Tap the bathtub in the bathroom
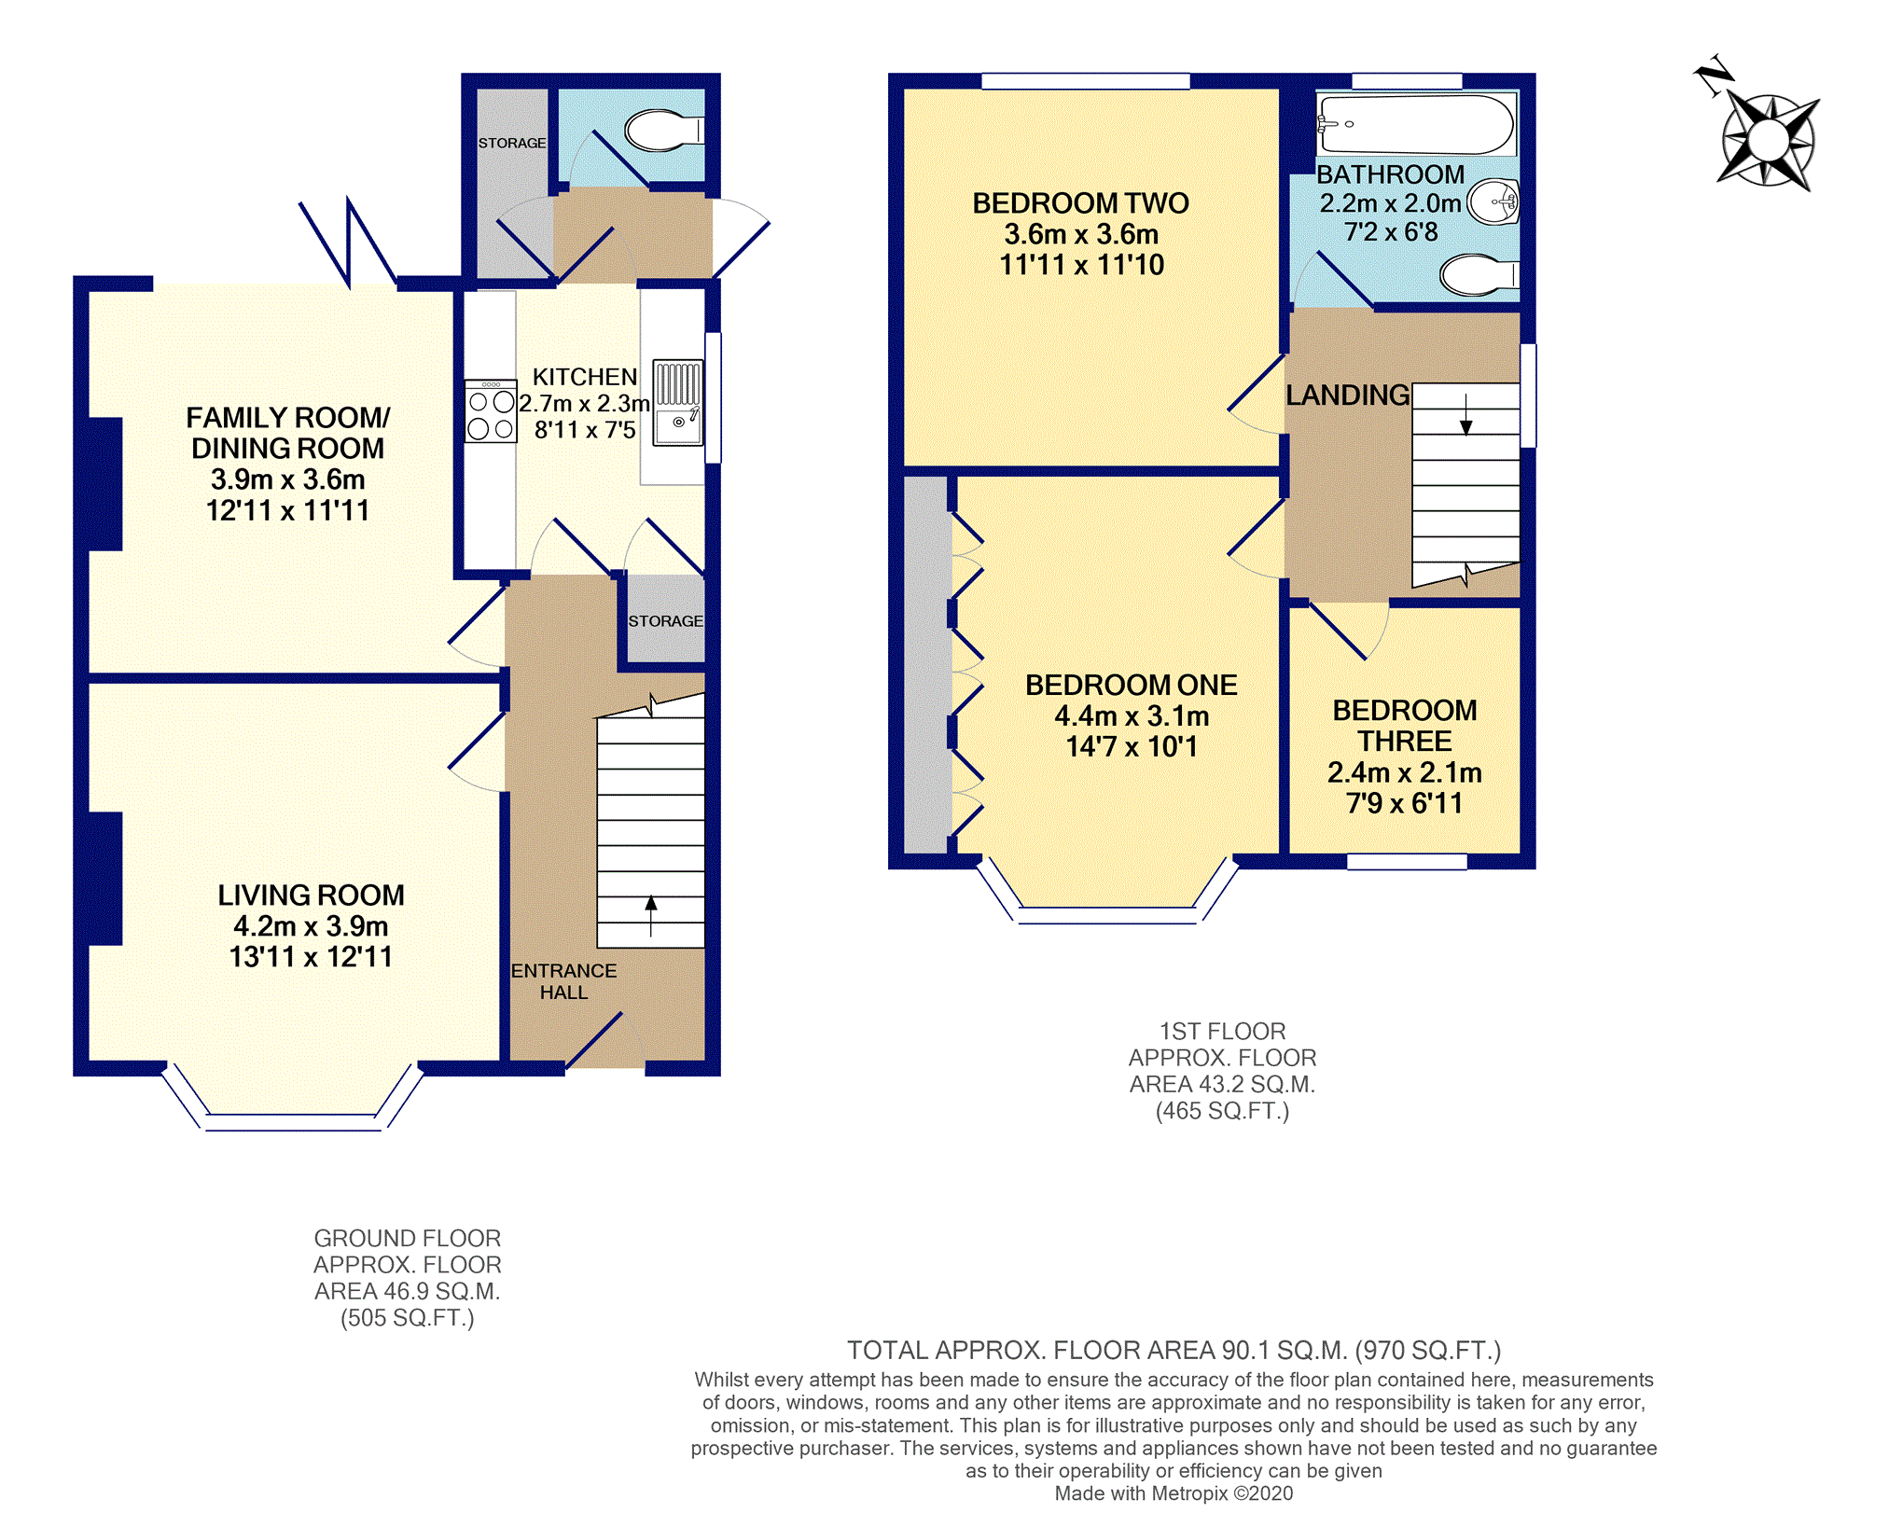[x=1415, y=124]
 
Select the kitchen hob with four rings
[x=491, y=410]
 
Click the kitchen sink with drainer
[x=677, y=403]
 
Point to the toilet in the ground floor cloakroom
[x=663, y=131]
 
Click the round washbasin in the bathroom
[x=1493, y=201]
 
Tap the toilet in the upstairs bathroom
[x=1479, y=275]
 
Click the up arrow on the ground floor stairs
[x=651, y=915]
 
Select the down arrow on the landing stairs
[x=1465, y=415]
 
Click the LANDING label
[x=1347, y=396]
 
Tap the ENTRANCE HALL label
[x=563, y=981]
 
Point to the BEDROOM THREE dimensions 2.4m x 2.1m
[x=1404, y=772]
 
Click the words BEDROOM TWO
[x=1080, y=203]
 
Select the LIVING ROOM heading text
[x=311, y=895]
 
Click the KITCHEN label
[x=585, y=377]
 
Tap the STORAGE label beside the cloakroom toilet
[x=512, y=143]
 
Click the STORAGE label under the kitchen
[x=665, y=621]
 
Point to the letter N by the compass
[x=1715, y=76]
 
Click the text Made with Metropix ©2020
[x=1174, y=1493]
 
